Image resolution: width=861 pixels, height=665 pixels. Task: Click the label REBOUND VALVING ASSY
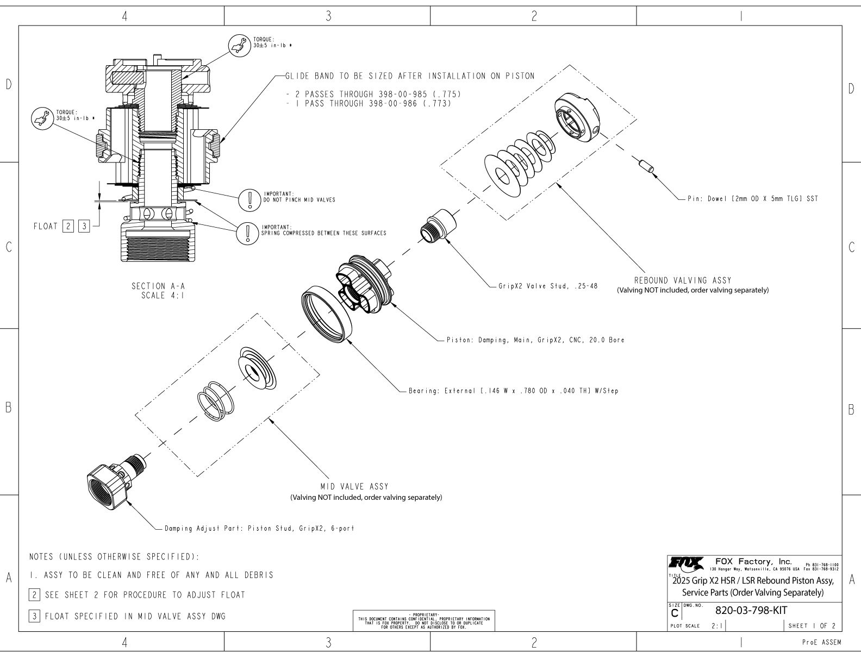(x=683, y=280)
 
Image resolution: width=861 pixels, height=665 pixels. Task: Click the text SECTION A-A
(x=154, y=286)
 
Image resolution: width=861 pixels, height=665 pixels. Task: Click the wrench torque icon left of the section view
(x=41, y=116)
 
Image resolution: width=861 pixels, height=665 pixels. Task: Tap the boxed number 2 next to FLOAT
(x=68, y=226)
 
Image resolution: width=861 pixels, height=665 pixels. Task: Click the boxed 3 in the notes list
(x=34, y=616)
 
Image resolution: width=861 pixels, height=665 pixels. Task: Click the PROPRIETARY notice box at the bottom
(x=424, y=620)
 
